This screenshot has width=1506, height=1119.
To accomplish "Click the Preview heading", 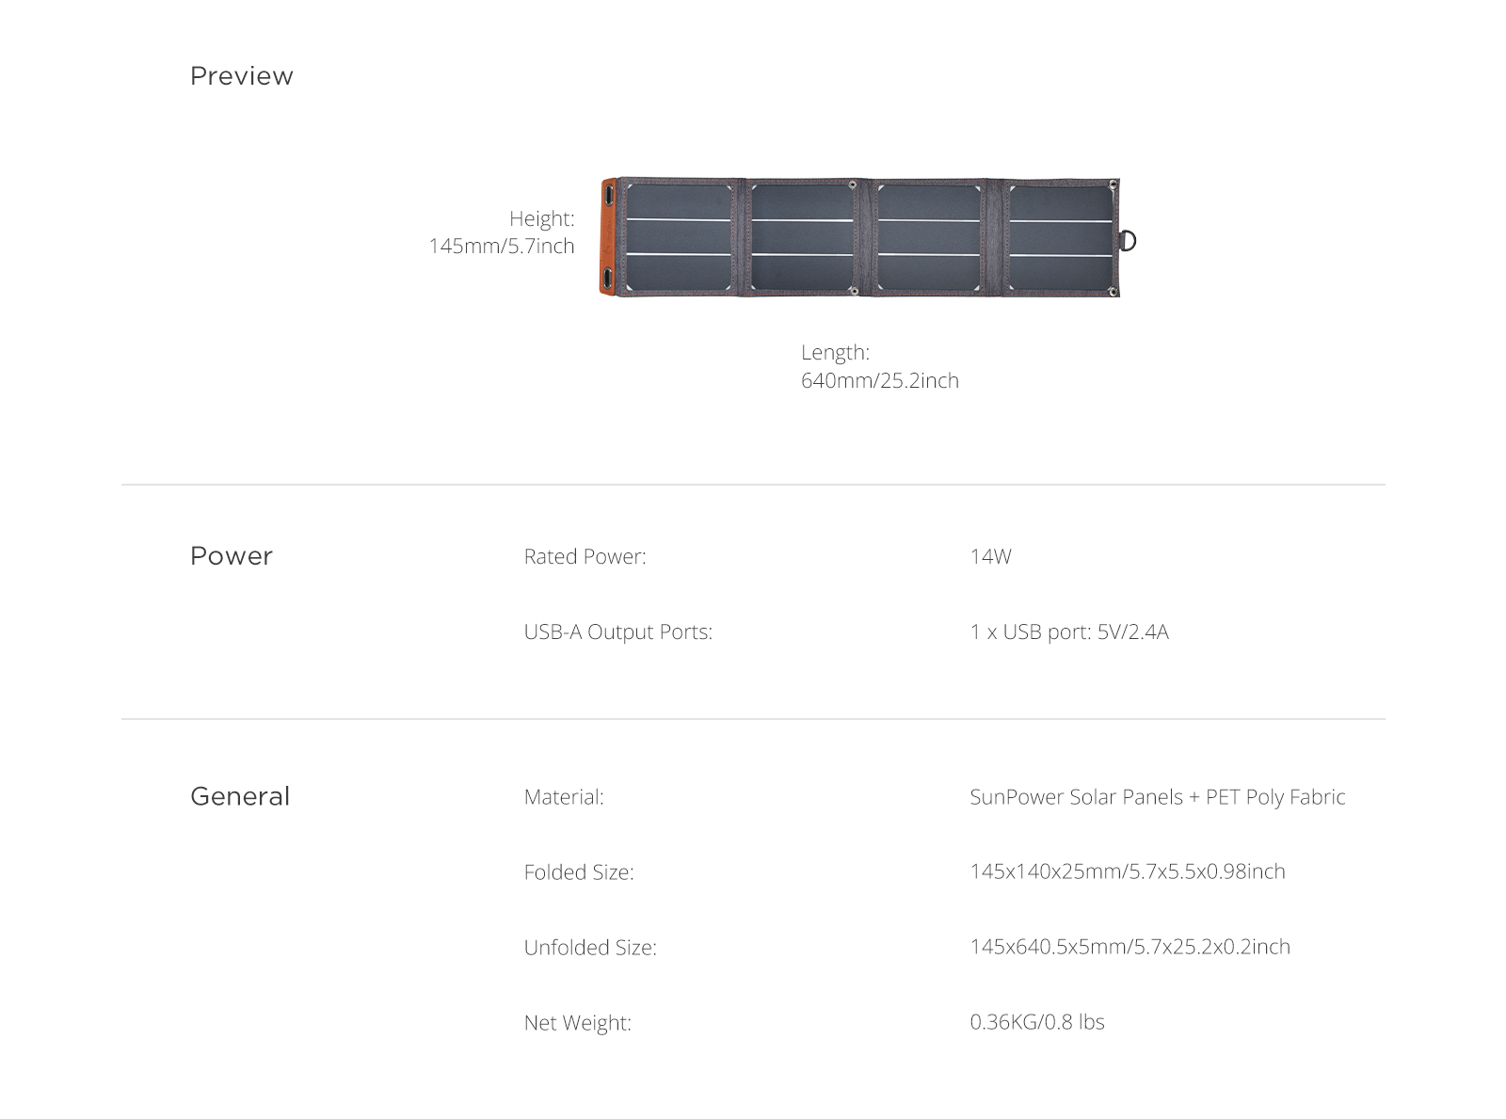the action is click(241, 76).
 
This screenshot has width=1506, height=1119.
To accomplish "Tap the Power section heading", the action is click(231, 555).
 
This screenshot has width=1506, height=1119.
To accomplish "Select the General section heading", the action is click(240, 796).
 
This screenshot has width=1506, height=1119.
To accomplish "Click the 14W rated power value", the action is click(990, 556).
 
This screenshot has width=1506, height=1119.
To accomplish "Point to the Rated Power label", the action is click(585, 556).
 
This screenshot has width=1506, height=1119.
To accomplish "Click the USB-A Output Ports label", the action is click(617, 631).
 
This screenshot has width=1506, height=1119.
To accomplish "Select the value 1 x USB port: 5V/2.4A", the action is click(1068, 631).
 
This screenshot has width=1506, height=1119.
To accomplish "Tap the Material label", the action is click(564, 796).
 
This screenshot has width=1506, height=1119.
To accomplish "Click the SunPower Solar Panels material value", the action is click(1157, 796).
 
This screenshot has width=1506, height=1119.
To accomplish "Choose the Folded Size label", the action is click(579, 871).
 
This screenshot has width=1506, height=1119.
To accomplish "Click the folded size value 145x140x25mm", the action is click(1127, 871).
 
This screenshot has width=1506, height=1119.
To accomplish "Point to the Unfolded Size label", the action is click(590, 947).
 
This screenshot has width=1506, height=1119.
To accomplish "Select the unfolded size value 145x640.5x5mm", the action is click(1129, 947).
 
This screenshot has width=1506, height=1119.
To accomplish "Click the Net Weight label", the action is click(577, 1022).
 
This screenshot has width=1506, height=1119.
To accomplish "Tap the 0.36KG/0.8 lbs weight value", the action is click(1037, 1022).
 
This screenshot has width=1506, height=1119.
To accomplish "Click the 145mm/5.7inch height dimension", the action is click(501, 245).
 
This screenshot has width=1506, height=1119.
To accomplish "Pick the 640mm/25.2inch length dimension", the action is click(879, 379).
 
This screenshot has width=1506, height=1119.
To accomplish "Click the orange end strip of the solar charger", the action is click(608, 237).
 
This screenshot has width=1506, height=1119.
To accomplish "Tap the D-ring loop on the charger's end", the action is click(1128, 240).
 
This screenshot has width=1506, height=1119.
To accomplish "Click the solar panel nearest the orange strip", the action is click(679, 237).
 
